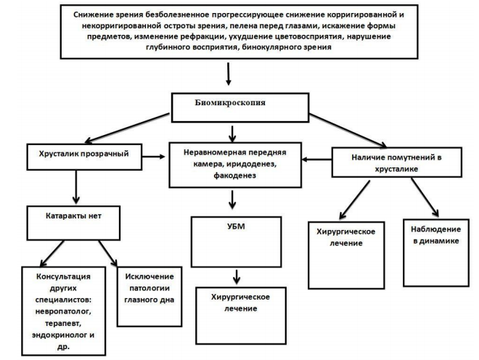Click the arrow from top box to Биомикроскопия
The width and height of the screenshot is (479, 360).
pos(228,74)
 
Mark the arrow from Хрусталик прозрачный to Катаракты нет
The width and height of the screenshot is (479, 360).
pos(76,187)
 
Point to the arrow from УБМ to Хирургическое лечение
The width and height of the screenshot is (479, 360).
pos(237,277)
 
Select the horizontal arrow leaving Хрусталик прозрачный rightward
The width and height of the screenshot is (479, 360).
pos(154,157)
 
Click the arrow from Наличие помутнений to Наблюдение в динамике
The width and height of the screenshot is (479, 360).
pos(425,197)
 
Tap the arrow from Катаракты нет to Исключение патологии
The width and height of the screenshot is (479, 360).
pos(107,253)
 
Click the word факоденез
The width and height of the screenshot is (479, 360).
pos(234,176)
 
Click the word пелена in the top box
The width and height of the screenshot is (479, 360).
pos(243,25)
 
